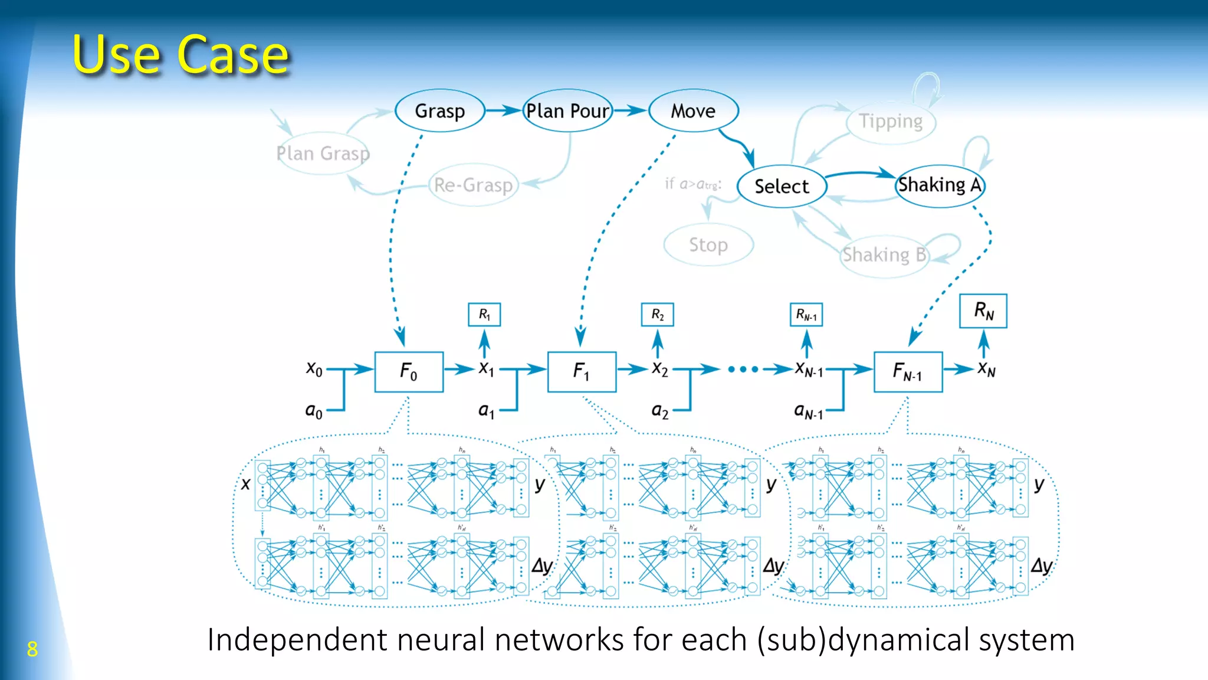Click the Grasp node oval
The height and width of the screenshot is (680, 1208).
pos(439,111)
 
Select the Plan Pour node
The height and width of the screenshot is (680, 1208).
pos(567,111)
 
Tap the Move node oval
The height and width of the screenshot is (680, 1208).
pos(693,111)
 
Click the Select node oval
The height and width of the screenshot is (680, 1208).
pos(782,187)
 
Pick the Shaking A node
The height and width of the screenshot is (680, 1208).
pos(940,185)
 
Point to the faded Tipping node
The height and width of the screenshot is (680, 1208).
pos(891,122)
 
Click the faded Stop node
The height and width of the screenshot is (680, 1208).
pos(708,244)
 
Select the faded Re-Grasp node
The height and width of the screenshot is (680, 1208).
pos(473,185)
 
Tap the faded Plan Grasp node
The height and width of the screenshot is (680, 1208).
pos(323,153)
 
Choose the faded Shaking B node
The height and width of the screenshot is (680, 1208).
pos(884,255)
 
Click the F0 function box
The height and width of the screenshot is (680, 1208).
pos(409,372)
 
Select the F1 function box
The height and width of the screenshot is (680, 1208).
pos(582,372)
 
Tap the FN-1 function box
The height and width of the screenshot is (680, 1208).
pos(908,372)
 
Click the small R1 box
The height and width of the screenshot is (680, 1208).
pos(484,315)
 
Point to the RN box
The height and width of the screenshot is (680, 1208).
pos(983,310)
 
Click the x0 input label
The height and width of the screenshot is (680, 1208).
pos(314,369)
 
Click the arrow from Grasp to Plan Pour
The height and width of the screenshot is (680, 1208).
pos(503,110)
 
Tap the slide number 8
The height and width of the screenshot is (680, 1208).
pos(32,649)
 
